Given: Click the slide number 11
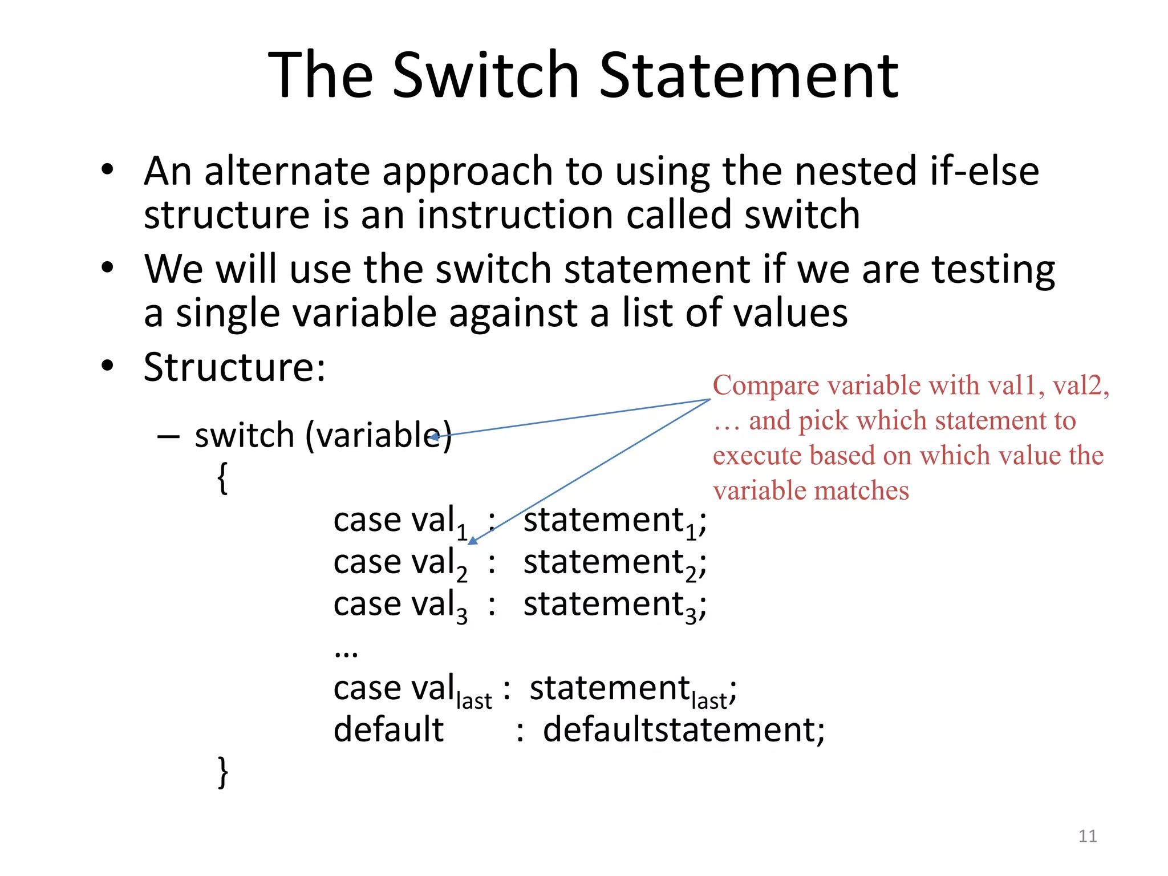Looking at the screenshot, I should pos(1088,836).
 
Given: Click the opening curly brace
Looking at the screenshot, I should pos(223,478).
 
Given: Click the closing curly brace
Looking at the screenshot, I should pos(223,772).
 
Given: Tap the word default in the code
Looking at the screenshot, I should pos(388,729).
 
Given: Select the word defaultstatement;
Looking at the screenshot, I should pos(683,729).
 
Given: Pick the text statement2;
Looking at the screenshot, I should pos(615,563).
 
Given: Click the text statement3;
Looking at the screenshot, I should pos(615,605).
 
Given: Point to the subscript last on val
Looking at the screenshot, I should pos(474,701).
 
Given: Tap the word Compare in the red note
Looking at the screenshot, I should pos(765,386).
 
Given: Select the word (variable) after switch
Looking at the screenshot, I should pos(379,436).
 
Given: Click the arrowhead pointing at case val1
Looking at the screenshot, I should pos(473,540).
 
